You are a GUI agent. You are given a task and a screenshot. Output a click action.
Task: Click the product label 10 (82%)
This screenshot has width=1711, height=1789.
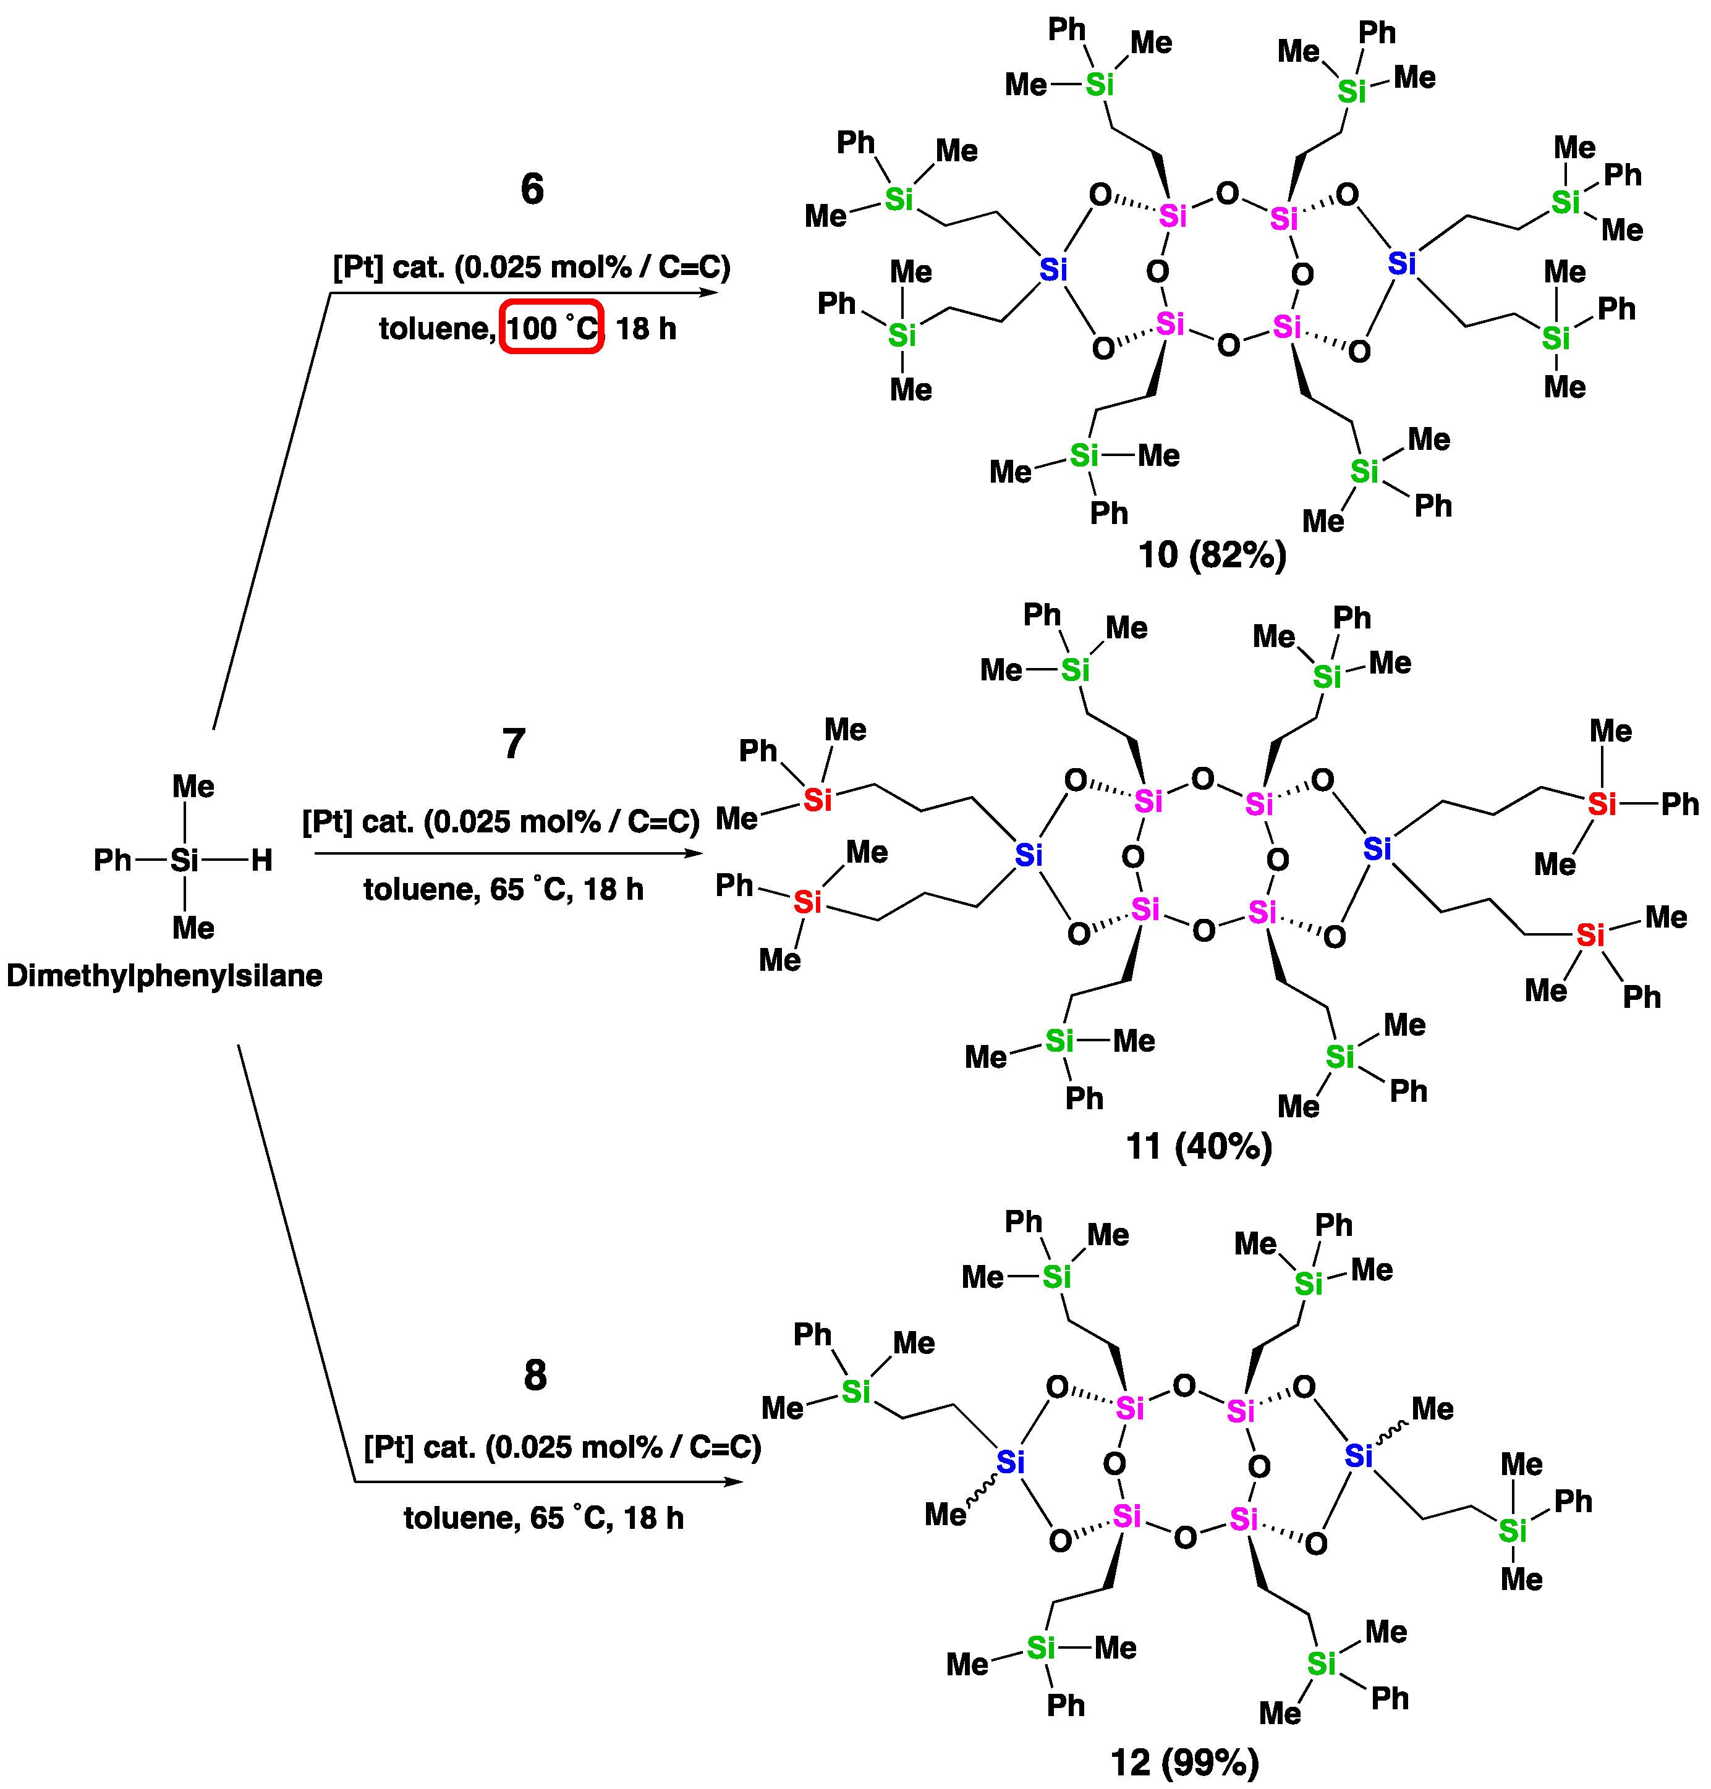coord(1212,554)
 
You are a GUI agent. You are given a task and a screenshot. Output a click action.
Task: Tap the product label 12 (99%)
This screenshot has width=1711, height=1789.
coord(1185,1762)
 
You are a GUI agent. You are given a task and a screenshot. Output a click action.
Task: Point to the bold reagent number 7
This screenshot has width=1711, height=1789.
coord(514,744)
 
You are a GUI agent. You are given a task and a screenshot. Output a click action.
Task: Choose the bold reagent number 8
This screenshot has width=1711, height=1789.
coord(535,1375)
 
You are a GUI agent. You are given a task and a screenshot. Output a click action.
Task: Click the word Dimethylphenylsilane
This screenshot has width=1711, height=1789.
coord(164,976)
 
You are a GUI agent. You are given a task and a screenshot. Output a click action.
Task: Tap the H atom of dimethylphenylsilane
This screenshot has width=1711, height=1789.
coord(261,860)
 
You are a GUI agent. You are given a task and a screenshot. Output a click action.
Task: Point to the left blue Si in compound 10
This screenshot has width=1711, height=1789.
coord(1053,270)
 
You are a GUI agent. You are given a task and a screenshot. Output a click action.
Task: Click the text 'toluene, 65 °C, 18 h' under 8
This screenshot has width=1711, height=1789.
coord(543,1518)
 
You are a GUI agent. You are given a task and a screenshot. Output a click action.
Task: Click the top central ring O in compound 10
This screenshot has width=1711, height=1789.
coord(1228,193)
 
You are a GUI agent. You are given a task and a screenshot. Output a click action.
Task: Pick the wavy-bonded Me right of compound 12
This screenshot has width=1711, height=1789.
coord(1432,1409)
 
